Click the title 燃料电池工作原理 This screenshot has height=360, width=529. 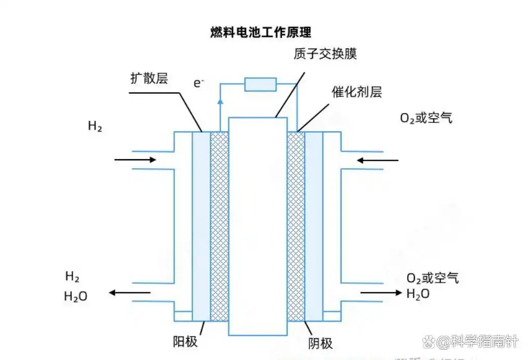click(261, 32)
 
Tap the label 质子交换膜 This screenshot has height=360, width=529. click(324, 54)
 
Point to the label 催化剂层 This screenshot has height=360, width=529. click(357, 92)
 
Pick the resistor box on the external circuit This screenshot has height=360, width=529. click(260, 84)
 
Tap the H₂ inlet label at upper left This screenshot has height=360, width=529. click(95, 126)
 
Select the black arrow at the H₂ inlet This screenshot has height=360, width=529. click(135, 159)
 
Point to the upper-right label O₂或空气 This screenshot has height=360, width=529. click(426, 118)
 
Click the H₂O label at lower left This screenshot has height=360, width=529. click(76, 296)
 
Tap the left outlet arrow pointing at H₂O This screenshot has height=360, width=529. click(130, 293)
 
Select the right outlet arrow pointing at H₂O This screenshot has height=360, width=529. click(381, 293)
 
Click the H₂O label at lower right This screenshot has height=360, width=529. click(418, 294)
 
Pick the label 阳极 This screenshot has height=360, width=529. click(185, 342)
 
